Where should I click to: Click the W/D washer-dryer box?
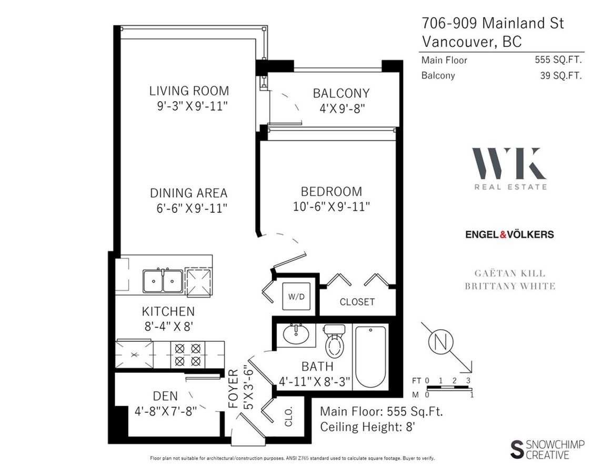[294, 295]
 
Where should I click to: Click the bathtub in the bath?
[370, 357]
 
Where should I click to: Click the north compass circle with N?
[441, 342]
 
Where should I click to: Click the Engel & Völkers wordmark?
[509, 234]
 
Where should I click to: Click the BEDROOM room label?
[331, 191]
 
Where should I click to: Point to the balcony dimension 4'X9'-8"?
[341, 109]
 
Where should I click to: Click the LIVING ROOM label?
[189, 91]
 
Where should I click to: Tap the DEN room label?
[165, 396]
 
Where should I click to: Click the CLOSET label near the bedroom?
[357, 302]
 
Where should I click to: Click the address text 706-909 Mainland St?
[493, 23]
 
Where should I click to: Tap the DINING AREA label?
[188, 193]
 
